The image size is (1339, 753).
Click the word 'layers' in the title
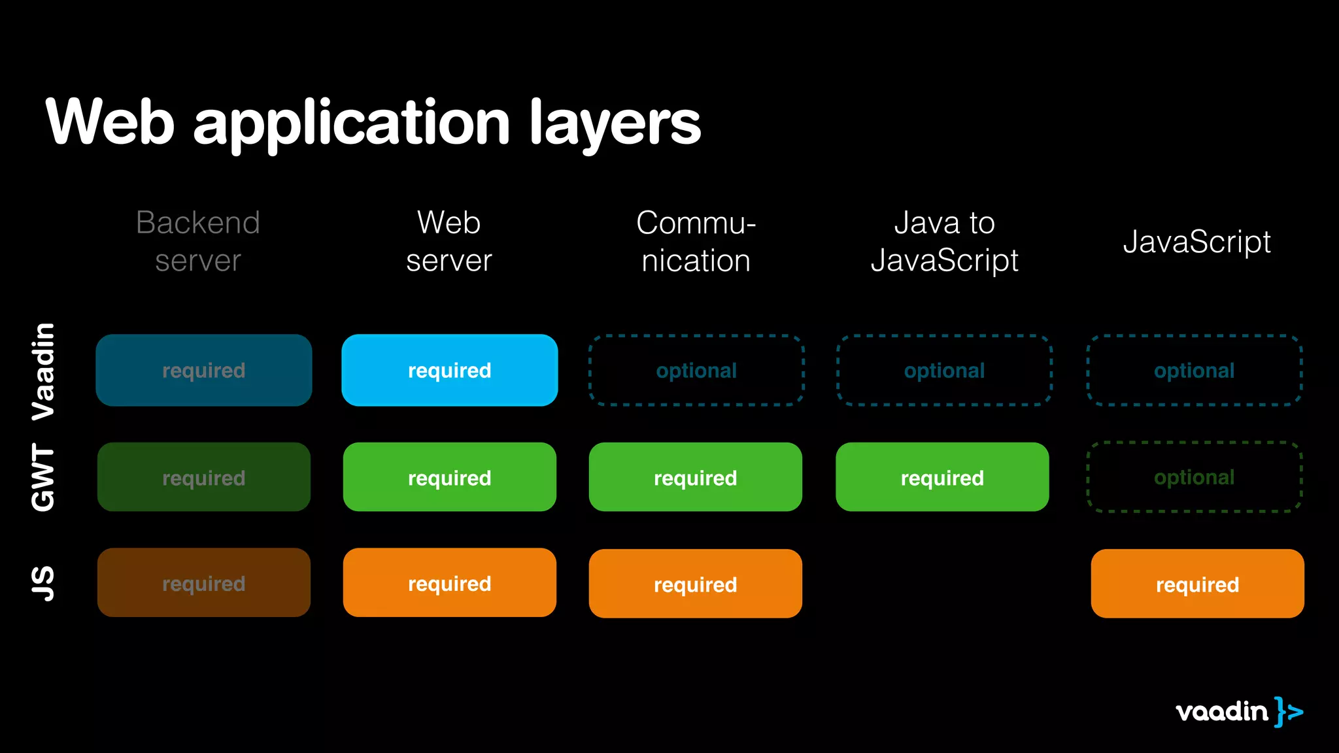615,123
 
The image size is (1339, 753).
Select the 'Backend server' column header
198,241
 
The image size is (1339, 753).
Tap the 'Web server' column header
449,241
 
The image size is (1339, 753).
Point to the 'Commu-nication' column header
696,241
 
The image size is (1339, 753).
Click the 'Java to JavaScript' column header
944,241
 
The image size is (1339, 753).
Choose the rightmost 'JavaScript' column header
1196,242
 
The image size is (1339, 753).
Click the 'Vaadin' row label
44,371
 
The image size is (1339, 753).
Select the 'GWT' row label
44,477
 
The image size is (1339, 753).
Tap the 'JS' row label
44,583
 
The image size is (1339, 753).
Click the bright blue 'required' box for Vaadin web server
449,370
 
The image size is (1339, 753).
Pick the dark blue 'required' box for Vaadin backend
203,370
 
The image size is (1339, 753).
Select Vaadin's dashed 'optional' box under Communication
696,370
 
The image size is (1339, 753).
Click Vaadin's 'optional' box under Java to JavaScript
944,370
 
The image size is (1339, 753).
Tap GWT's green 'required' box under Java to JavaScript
942,477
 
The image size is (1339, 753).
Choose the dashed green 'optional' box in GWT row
1195,477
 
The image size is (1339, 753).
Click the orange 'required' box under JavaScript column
1197,584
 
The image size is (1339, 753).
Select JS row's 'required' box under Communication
695,584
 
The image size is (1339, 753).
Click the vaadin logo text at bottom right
1221,711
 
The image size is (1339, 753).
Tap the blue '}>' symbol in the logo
1288,712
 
